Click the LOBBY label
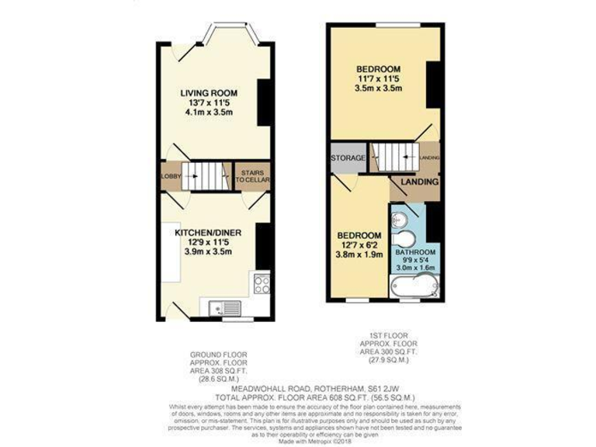pos(171,176)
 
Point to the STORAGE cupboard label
pos(348,158)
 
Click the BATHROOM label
pos(416,253)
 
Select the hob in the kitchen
pos(262,282)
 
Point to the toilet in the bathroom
pos(406,240)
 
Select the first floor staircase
pos(394,157)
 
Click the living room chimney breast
pos(265,101)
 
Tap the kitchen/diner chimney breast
pos(264,245)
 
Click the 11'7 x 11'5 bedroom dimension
pos(378,78)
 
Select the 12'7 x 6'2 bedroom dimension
pos(359,248)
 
